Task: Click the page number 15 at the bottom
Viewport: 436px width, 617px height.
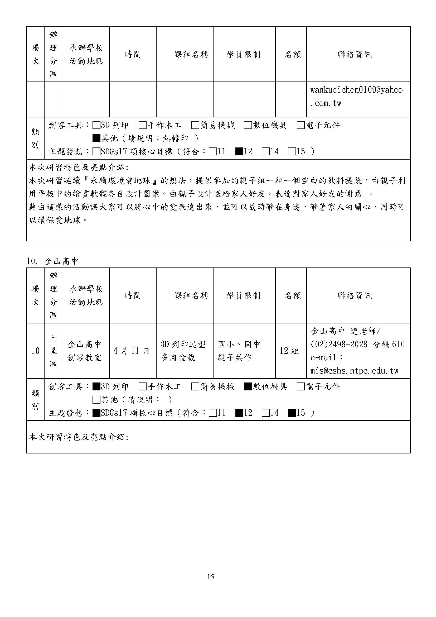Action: (x=210, y=577)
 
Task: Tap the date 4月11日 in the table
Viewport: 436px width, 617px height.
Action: (x=131, y=351)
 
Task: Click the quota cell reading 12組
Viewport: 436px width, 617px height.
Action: (x=289, y=351)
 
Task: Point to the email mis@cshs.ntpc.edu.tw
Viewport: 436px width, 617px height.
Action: (x=354, y=371)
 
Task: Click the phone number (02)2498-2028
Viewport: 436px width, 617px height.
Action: (x=339, y=344)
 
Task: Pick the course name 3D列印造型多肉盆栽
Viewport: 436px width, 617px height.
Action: (x=183, y=351)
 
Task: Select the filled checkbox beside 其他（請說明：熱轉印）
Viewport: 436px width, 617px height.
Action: (x=96, y=138)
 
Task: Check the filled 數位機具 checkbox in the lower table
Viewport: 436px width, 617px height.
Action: (x=248, y=387)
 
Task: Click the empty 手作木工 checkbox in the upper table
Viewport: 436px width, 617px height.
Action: (x=143, y=125)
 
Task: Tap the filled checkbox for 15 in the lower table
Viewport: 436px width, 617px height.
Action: (x=292, y=413)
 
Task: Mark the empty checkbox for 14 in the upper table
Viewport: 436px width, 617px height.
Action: (x=265, y=152)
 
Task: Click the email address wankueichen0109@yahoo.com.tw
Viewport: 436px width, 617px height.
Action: (x=356, y=96)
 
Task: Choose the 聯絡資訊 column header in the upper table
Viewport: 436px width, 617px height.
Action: (x=354, y=55)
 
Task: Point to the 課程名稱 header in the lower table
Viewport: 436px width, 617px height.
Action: (x=191, y=296)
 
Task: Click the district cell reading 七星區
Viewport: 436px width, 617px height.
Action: (x=53, y=351)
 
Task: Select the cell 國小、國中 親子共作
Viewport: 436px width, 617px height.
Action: (x=239, y=351)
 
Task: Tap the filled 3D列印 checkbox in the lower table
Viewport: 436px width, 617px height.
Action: (x=96, y=387)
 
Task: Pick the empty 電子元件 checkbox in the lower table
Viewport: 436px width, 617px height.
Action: (x=301, y=387)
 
